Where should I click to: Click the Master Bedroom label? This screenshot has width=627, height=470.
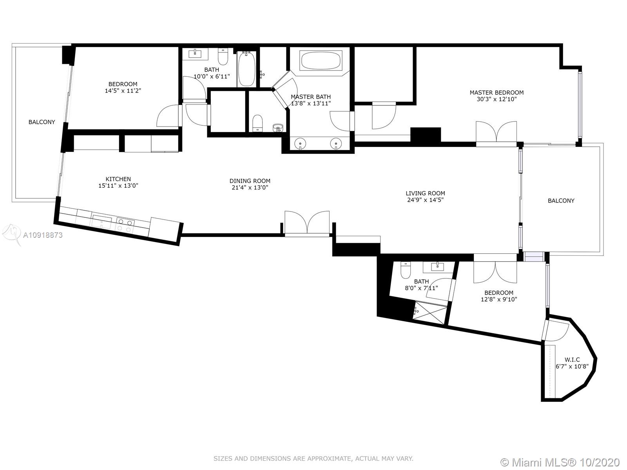click(497, 92)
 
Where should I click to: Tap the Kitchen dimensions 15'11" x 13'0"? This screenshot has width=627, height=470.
click(118, 186)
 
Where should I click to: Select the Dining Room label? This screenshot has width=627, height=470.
click(250, 181)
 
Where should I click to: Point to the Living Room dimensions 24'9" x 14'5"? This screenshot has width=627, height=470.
click(425, 200)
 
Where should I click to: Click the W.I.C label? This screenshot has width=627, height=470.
click(572, 360)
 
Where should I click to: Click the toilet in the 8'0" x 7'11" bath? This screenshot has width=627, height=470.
click(405, 270)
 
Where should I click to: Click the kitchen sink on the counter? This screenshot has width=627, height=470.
click(101, 221)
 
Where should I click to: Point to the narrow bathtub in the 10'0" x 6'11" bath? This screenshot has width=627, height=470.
click(246, 69)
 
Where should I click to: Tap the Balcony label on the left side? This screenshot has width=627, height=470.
click(42, 122)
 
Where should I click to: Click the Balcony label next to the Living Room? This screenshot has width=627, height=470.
click(561, 201)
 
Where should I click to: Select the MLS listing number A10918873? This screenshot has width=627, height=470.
click(43, 235)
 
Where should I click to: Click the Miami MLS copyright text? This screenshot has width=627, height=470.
click(560, 462)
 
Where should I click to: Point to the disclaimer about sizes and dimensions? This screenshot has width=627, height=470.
click(313, 459)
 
